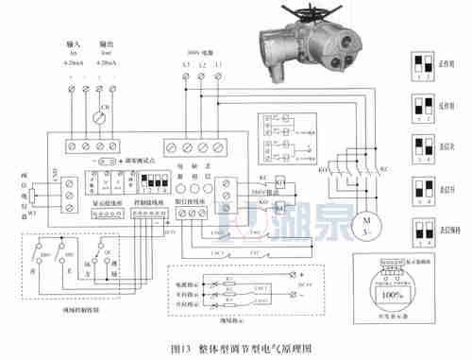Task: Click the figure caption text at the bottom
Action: [x=236, y=348]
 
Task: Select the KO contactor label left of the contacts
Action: [x=323, y=171]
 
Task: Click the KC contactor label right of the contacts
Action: [x=383, y=171]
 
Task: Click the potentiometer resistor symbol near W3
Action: [x=31, y=195]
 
